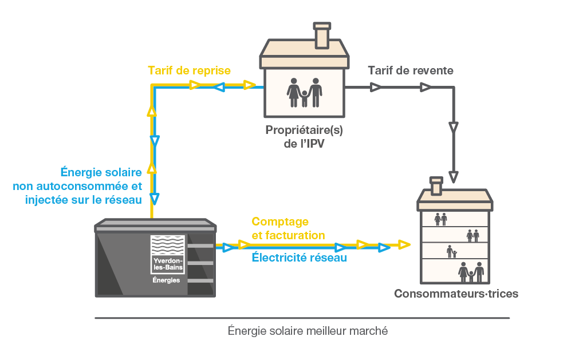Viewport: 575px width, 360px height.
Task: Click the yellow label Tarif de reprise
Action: pyautogui.click(x=189, y=70)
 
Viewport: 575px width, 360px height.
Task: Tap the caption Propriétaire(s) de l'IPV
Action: pyautogui.click(x=304, y=137)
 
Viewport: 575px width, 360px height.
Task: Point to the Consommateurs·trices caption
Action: pyautogui.click(x=456, y=294)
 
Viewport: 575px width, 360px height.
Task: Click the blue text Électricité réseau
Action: pyautogui.click(x=299, y=258)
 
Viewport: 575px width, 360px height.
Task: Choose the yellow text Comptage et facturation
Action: pyautogui.click(x=288, y=228)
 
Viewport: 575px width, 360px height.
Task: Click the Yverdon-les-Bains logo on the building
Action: pyautogui.click(x=167, y=254)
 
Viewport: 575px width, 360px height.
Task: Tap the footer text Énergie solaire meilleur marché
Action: pyautogui.click(x=308, y=331)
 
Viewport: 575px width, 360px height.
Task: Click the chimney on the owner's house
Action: pyautogui.click(x=322, y=35)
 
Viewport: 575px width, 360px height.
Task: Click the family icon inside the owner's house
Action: pyautogui.click(x=304, y=92)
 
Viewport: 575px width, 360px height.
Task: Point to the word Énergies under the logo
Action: pyautogui.click(x=166, y=280)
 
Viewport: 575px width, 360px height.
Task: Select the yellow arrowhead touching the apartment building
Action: pyautogui.click(x=405, y=245)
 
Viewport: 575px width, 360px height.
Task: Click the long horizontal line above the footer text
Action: pyautogui.click(x=302, y=318)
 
